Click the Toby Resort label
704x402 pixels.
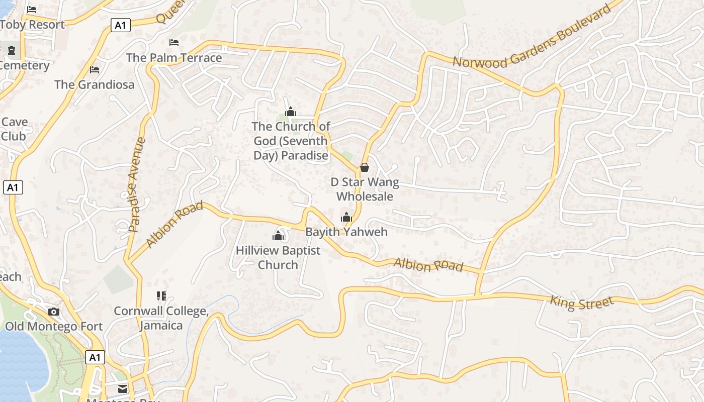(x=32, y=24)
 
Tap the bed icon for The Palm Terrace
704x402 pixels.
(x=174, y=43)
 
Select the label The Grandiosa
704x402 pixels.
(x=95, y=84)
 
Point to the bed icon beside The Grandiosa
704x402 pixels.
(x=95, y=69)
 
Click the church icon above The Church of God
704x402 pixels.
(x=291, y=111)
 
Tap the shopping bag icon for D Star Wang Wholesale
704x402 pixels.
(x=365, y=167)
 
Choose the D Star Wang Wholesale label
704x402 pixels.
(x=365, y=189)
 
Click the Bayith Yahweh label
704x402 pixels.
(x=346, y=232)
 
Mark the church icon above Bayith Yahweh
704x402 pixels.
(x=346, y=217)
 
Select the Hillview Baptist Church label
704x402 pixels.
(x=278, y=257)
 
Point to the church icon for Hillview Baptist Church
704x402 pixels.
(x=278, y=235)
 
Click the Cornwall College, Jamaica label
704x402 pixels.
(x=161, y=318)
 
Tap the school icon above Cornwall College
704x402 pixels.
(x=161, y=296)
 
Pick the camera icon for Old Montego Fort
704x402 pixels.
(x=54, y=312)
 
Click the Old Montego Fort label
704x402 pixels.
(x=54, y=326)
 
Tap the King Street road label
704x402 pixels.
(x=582, y=302)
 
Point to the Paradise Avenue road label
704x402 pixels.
(x=136, y=184)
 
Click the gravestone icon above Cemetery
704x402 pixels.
(x=12, y=50)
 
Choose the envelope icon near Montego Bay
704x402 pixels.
(x=123, y=388)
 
